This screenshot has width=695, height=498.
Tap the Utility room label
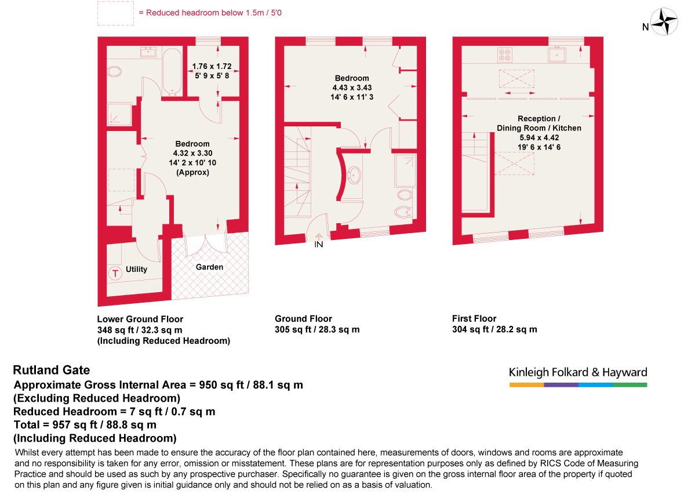coord(137,269)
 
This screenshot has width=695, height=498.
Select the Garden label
coord(209,267)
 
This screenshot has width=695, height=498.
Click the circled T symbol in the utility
coord(115,272)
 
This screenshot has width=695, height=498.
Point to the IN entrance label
coord(318,244)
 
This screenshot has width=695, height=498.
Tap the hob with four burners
coord(504,55)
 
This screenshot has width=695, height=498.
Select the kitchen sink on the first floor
coord(556,55)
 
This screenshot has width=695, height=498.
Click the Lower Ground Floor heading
coord(140,319)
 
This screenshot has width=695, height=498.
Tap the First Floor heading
coord(474,318)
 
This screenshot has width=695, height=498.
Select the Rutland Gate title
coord(52,370)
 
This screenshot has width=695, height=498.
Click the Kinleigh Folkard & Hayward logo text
coord(577,372)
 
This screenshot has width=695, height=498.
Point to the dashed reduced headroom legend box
coord(115,13)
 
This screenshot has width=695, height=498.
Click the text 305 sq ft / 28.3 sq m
coord(317,329)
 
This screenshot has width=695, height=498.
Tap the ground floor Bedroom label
coord(352,78)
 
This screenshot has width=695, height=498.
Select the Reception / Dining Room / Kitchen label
coord(538,123)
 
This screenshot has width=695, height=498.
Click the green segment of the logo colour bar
coord(629,384)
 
